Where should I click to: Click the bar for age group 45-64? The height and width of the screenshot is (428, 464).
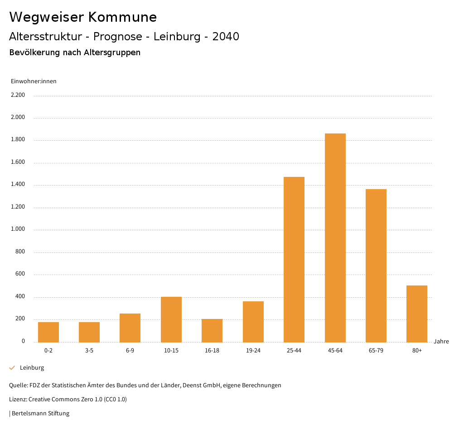click(335, 238)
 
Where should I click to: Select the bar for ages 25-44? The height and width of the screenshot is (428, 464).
click(294, 259)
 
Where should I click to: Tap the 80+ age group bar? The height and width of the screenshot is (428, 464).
click(417, 314)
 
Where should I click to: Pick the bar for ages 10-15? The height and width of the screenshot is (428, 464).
click(171, 319)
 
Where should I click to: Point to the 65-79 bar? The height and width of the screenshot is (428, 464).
click(376, 266)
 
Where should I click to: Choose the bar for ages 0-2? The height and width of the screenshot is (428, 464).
click(48, 332)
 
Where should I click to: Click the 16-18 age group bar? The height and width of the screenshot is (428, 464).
click(212, 330)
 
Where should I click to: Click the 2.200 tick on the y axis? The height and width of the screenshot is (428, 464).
click(18, 95)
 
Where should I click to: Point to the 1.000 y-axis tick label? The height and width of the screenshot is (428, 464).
click(18, 229)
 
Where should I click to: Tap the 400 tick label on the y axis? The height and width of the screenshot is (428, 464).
click(21, 297)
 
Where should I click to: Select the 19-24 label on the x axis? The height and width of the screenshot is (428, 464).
click(253, 351)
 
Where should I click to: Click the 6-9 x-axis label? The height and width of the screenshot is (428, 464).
click(130, 351)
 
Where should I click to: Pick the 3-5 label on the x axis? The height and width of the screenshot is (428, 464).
click(89, 351)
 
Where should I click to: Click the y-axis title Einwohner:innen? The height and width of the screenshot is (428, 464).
click(34, 81)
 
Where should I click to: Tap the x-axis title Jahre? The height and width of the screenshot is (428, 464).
click(441, 342)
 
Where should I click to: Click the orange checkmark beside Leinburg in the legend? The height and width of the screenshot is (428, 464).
click(12, 368)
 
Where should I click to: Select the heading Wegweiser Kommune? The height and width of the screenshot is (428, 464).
click(83, 17)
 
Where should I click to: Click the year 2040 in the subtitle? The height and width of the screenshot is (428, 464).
click(226, 37)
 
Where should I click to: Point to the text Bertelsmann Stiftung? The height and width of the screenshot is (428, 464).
click(40, 414)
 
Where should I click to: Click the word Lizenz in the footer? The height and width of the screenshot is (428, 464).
click(18, 399)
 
